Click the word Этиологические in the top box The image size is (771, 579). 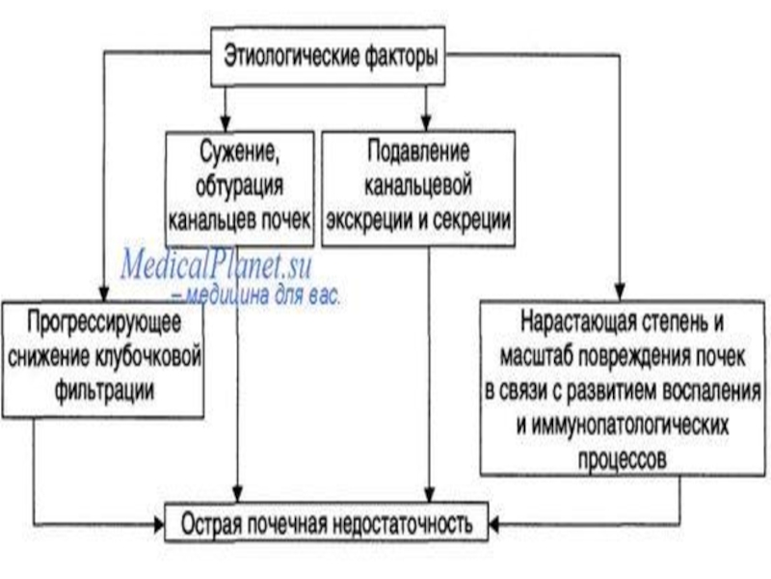[x=292, y=57]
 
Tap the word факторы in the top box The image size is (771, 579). [x=401, y=57]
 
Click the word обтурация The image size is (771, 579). [x=239, y=185]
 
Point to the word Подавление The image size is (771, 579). [x=418, y=152]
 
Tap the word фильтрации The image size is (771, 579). [x=104, y=391]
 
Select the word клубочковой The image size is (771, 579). [x=146, y=357]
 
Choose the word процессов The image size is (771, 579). [x=622, y=459]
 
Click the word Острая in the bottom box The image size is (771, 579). [x=210, y=523]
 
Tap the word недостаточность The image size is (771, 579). [x=403, y=524]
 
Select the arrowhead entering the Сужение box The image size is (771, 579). [x=226, y=124]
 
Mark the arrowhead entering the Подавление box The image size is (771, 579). [x=426, y=124]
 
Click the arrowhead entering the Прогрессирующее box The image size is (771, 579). [x=103, y=293]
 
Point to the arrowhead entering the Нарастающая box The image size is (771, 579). [x=620, y=292]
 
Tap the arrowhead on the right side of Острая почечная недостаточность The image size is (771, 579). [x=494, y=524]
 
